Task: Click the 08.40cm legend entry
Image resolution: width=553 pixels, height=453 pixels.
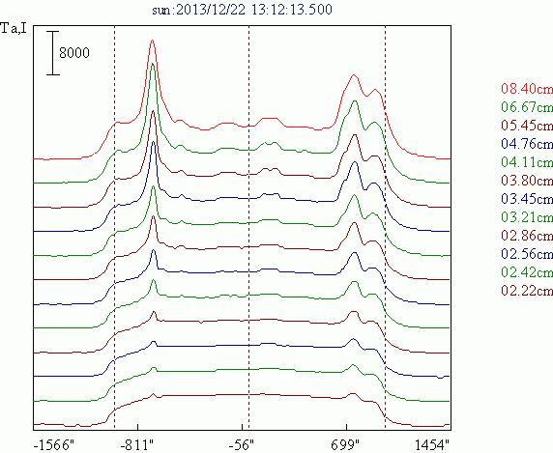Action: (x=527, y=89)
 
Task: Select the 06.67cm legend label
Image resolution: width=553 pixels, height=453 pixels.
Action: (x=527, y=107)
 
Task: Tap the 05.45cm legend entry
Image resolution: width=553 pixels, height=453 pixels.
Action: (x=527, y=125)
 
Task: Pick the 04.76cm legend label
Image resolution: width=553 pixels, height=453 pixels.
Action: (x=527, y=143)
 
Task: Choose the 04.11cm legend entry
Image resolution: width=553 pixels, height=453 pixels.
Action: (x=527, y=162)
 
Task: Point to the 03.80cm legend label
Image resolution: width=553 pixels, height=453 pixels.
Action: (x=527, y=181)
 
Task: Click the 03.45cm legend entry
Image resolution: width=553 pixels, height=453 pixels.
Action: (x=527, y=199)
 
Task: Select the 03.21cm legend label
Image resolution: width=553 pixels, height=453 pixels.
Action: (x=527, y=217)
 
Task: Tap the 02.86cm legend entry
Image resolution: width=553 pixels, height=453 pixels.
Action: (x=527, y=236)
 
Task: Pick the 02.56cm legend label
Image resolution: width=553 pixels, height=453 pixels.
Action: (x=527, y=254)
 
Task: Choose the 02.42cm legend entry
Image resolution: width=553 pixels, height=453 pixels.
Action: (x=527, y=272)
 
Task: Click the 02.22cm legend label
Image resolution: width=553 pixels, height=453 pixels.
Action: (x=527, y=291)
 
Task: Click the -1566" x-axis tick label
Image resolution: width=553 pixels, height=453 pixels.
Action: (x=54, y=445)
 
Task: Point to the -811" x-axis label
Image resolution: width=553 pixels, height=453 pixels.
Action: (x=137, y=445)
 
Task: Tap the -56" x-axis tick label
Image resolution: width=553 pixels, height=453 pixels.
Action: (x=242, y=445)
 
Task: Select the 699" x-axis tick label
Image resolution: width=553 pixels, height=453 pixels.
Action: (x=344, y=445)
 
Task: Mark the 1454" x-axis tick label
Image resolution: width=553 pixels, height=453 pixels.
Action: (x=432, y=445)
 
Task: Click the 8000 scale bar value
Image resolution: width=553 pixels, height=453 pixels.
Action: (x=74, y=53)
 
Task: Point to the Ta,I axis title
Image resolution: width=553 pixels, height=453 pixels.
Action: (x=14, y=28)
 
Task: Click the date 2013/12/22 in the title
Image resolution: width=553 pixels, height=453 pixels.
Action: (x=210, y=10)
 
